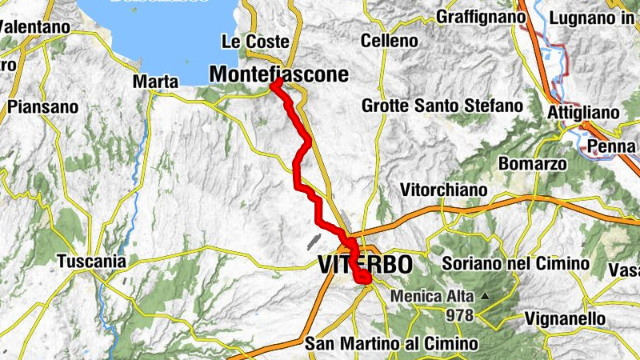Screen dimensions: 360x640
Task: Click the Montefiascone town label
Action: (x=279, y=74)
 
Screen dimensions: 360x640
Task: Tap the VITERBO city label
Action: (x=366, y=263)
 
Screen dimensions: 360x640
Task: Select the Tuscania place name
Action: (x=92, y=261)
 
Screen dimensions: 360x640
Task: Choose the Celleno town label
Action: (x=390, y=40)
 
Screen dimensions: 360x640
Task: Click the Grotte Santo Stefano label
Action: (x=442, y=105)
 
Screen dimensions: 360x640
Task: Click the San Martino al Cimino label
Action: (x=392, y=344)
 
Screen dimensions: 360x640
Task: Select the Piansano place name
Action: (x=43, y=106)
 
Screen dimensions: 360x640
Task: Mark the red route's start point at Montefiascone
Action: (x=274, y=83)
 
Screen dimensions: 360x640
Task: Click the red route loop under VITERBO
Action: (x=362, y=277)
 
